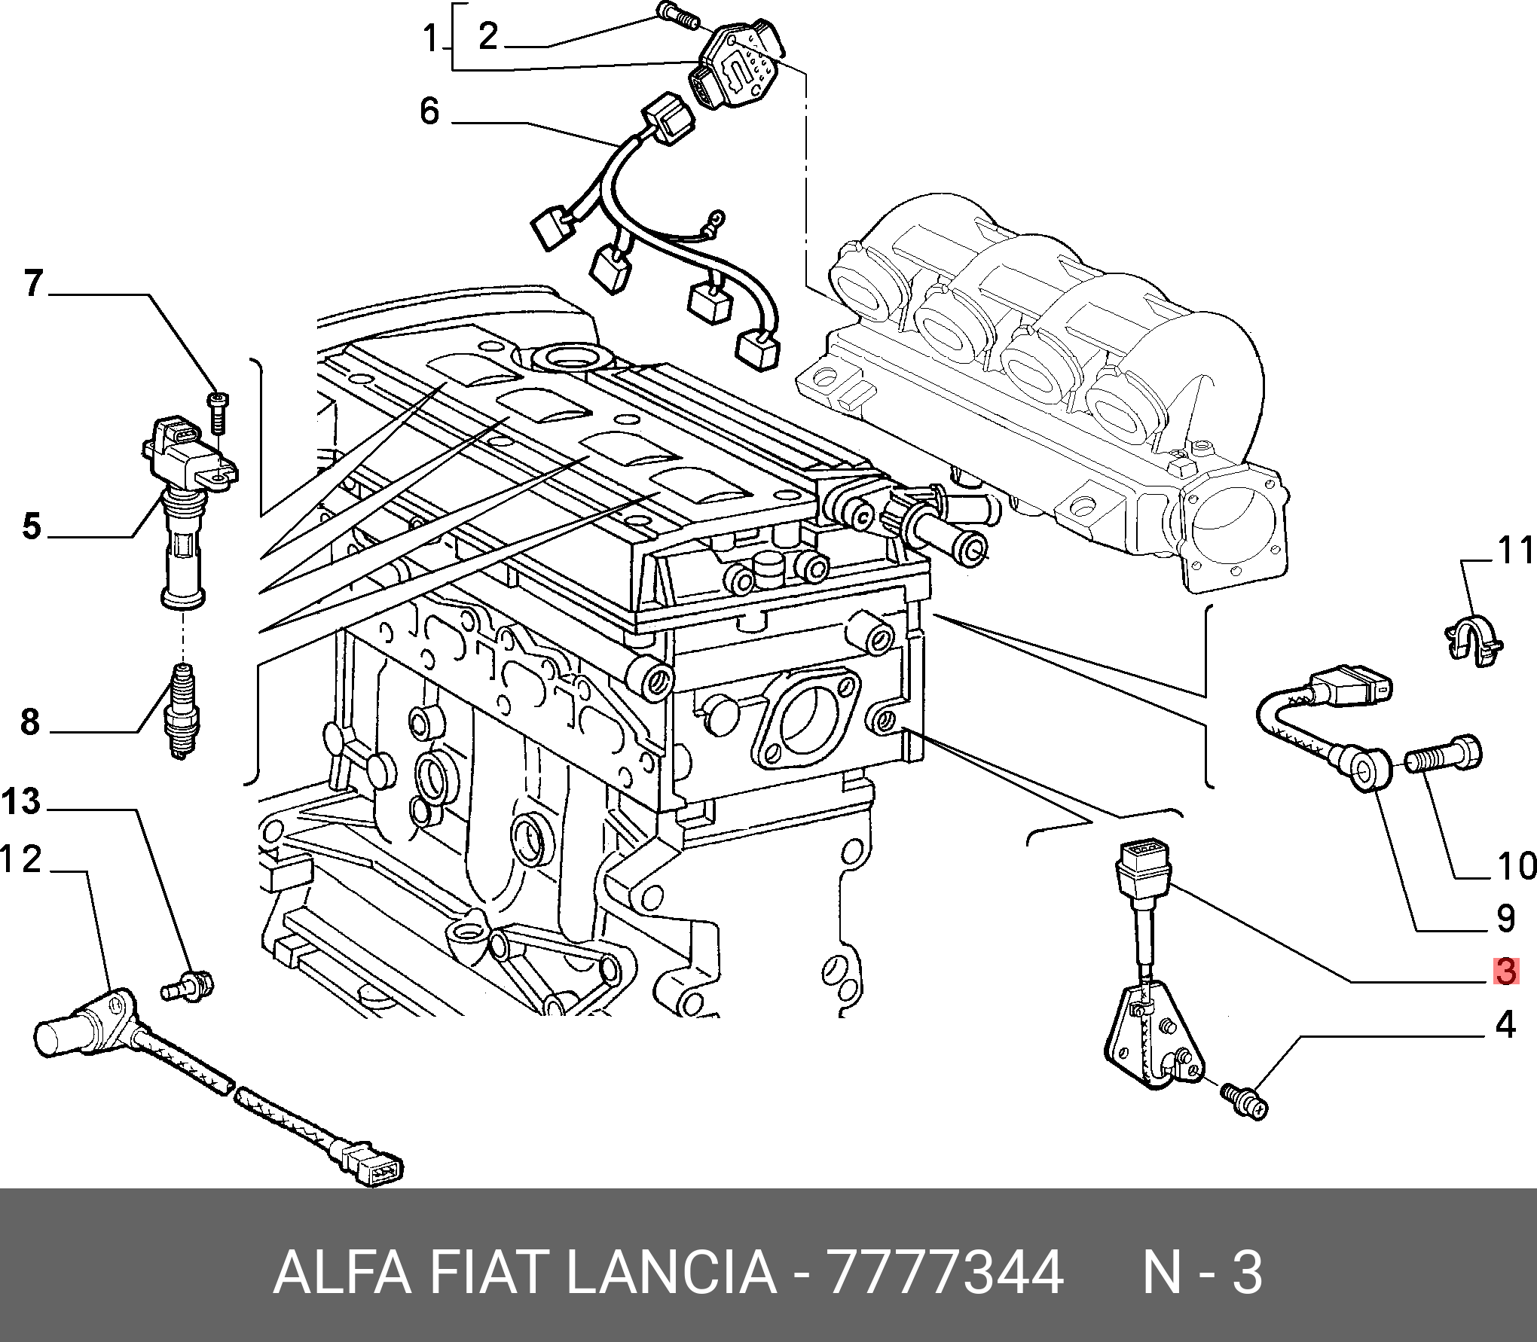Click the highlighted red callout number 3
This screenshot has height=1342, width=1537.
tap(1505, 971)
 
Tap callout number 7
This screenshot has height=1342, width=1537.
tap(34, 283)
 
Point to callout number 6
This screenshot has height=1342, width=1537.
tap(429, 111)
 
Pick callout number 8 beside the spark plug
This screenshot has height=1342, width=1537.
tap(30, 721)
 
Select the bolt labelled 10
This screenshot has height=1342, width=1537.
tap(1444, 754)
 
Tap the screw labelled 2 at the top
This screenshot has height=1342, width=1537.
tap(677, 14)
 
